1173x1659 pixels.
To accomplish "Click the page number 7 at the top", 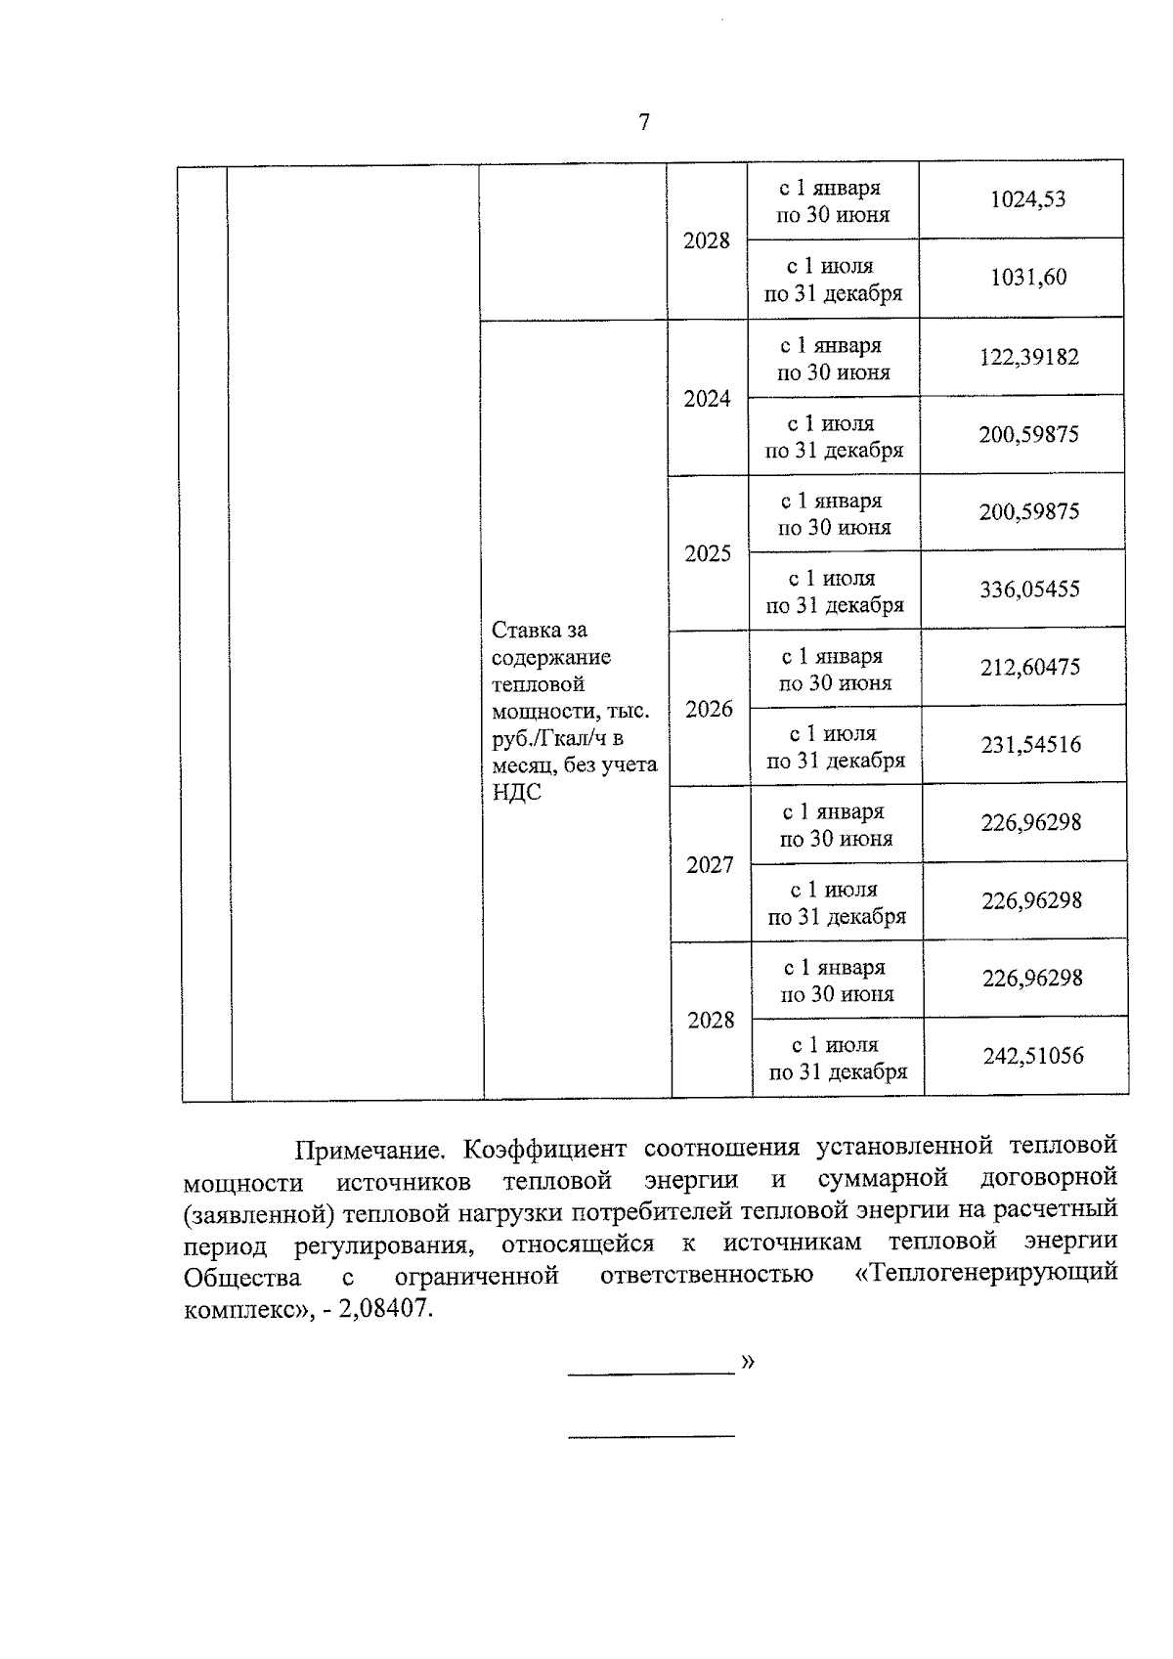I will click(x=643, y=123).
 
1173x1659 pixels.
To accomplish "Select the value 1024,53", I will click(x=1027, y=199).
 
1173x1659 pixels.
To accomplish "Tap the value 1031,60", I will click(x=1028, y=278).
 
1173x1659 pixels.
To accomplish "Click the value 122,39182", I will click(x=1029, y=357).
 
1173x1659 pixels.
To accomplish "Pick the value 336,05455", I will click(x=1029, y=589).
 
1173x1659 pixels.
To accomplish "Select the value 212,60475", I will click(x=1030, y=668).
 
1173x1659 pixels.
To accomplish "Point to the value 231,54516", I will click(x=1031, y=745).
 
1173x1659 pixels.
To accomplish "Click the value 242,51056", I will click(x=1033, y=1056).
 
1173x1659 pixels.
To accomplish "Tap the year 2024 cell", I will click(x=707, y=398).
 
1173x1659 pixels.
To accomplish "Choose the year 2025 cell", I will click(x=708, y=553).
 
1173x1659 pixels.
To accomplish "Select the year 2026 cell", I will click(x=709, y=709).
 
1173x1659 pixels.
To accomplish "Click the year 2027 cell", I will click(x=710, y=864).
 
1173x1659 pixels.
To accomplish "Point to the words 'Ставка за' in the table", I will click(x=540, y=630).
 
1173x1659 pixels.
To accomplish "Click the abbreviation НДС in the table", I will click(x=517, y=792).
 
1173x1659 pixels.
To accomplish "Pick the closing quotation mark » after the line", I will click(x=748, y=1361).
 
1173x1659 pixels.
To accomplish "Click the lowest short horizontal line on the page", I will click(x=651, y=1436).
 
